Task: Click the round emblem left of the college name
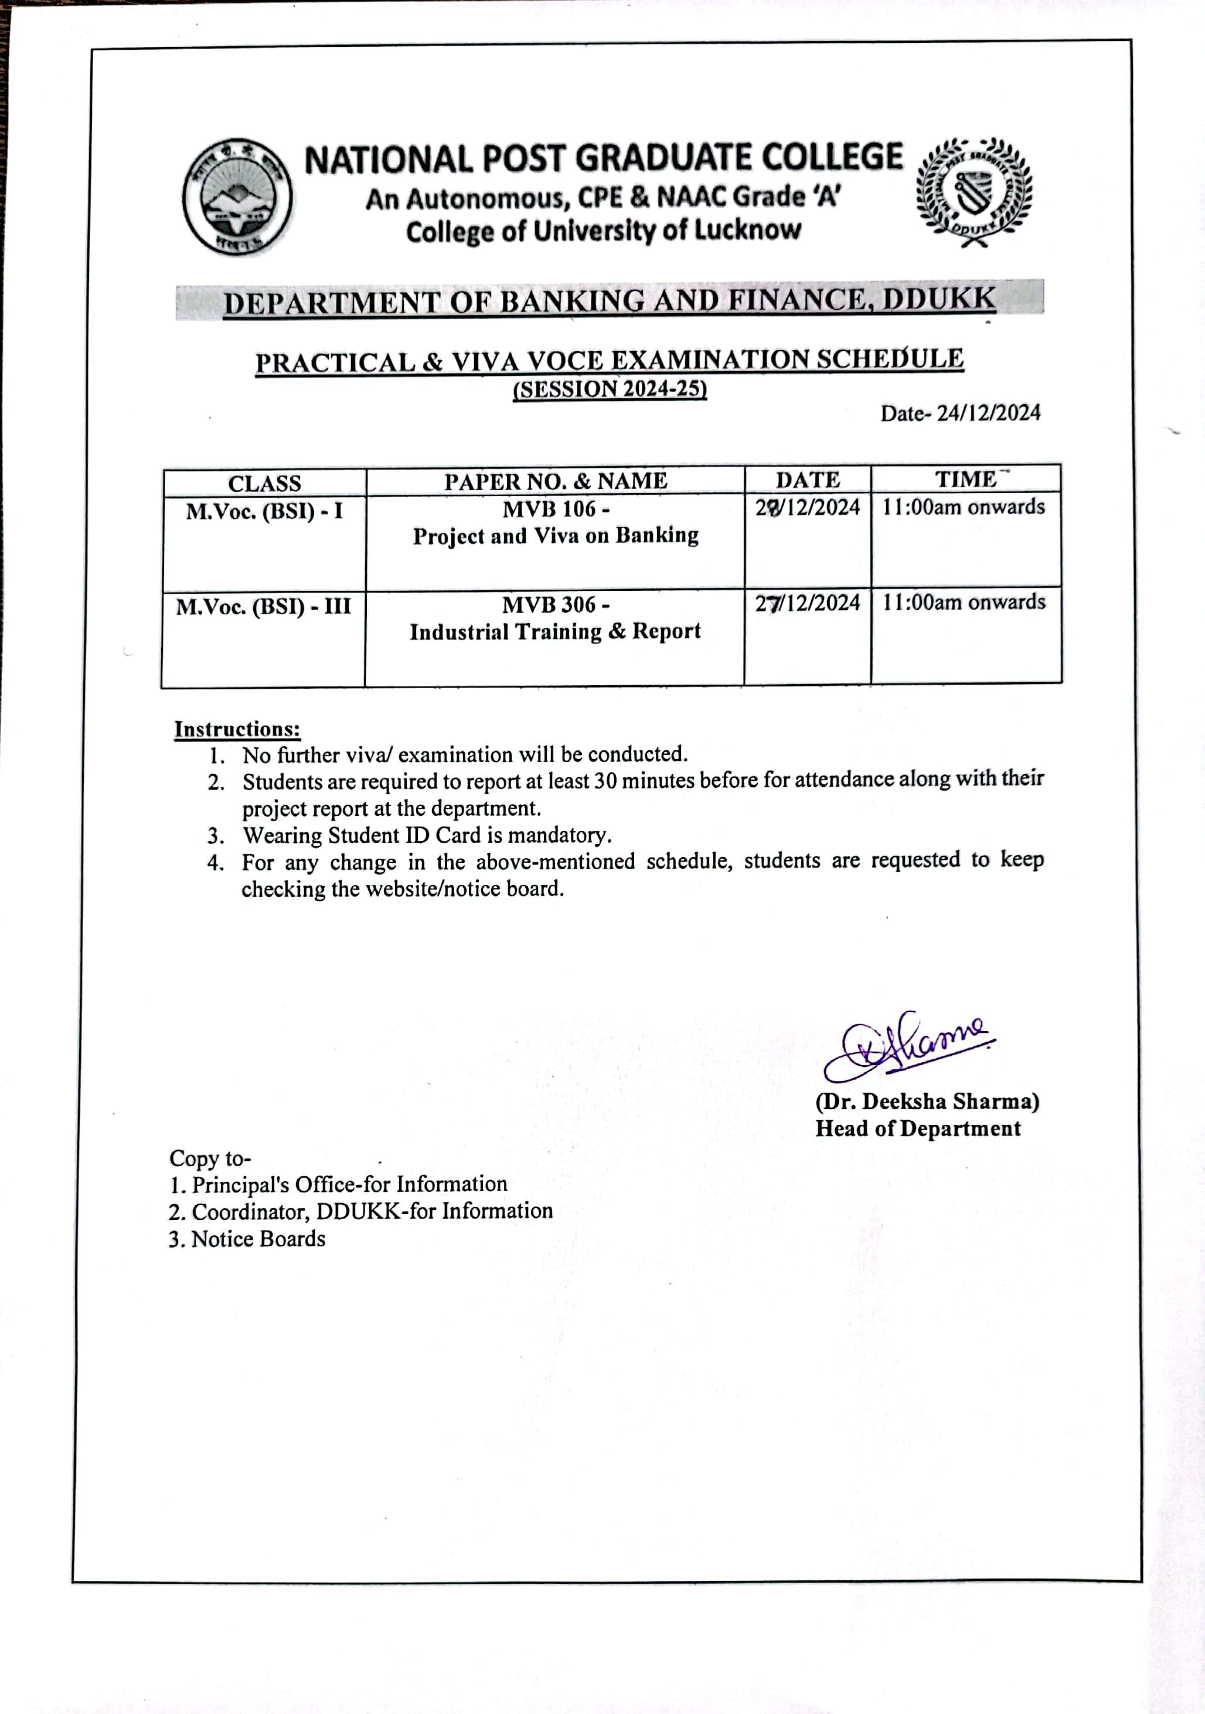pos(237,197)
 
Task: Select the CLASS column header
pos(264,483)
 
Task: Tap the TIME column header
pos(965,479)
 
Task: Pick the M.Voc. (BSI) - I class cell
pos(264,511)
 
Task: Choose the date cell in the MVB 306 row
pos(807,603)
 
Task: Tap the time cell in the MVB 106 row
pos(963,508)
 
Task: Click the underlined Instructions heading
pos(237,729)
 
